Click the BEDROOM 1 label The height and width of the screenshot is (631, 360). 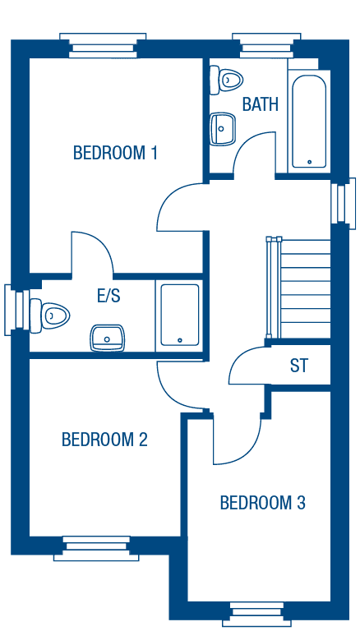coord(115,153)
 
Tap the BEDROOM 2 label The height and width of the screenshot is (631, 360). coord(104,440)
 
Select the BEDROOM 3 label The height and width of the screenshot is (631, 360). coord(262,503)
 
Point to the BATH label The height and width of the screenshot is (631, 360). coord(260,104)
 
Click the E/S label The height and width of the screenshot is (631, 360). coord(108,296)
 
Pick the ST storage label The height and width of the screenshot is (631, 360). coord(299,366)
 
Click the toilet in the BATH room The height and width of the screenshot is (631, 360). coord(226,80)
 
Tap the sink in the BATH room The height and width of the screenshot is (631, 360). coord(223,129)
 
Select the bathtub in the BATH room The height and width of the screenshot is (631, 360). coord(309,121)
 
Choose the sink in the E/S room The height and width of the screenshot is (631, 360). coord(107,338)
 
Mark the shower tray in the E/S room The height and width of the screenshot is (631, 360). coord(180,315)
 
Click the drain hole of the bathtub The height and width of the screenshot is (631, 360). coord(309,162)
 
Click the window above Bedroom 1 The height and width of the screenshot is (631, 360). coord(103,45)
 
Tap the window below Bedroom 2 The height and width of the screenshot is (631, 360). coord(96,549)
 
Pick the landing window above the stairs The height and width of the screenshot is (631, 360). coord(343,200)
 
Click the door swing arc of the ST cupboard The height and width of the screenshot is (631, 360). coord(238,359)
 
